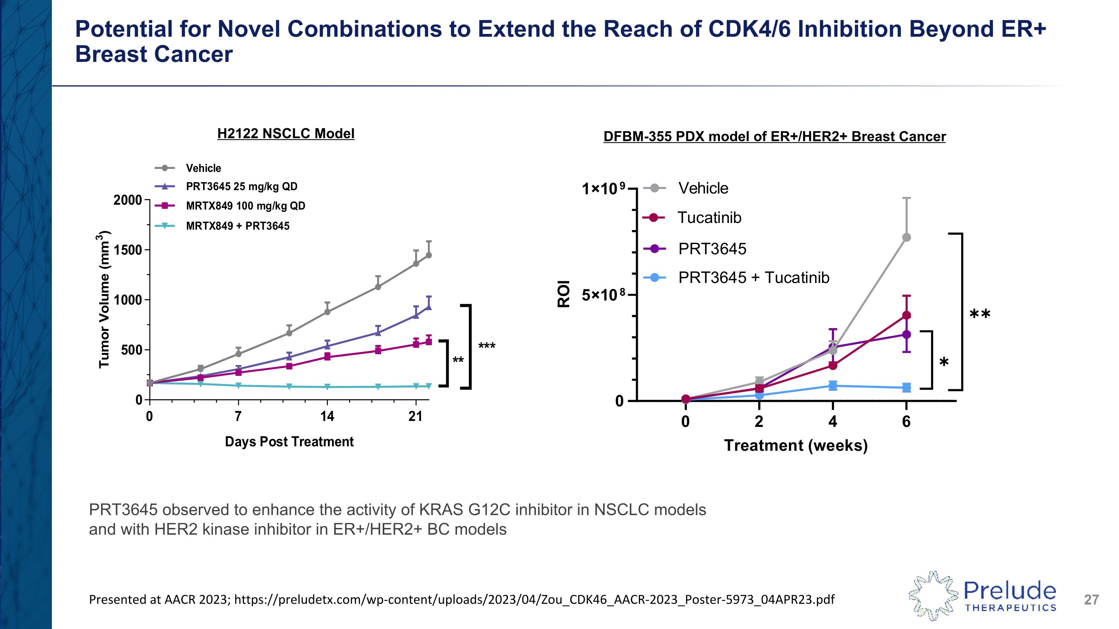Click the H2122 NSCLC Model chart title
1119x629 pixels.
[285, 134]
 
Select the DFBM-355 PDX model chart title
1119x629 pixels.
[774, 137]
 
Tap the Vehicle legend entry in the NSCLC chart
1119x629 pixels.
[203, 168]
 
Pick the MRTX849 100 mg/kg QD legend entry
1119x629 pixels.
[245, 206]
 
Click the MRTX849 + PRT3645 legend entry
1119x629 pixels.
[237, 226]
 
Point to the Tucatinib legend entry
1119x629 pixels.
[709, 217]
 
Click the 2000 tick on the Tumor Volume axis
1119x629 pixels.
[128, 200]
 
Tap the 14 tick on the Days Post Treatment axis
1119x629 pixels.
[327, 417]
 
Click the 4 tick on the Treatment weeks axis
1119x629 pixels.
[832, 421]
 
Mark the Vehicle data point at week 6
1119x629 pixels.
[907, 238]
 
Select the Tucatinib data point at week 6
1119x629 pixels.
[907, 315]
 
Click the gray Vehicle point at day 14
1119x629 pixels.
[327, 312]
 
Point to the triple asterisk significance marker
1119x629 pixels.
[486, 346]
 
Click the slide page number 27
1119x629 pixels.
[1091, 600]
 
